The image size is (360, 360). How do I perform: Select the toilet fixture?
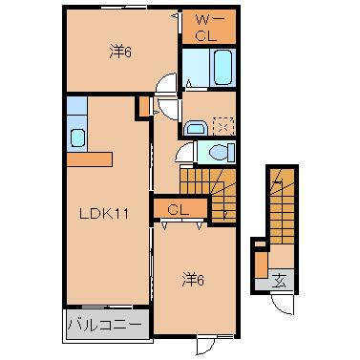tap(220, 152)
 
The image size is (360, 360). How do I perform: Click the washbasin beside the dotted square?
tap(198, 125)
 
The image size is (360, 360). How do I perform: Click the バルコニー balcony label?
tap(105, 326)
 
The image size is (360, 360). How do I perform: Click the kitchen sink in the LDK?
tap(77, 136)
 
